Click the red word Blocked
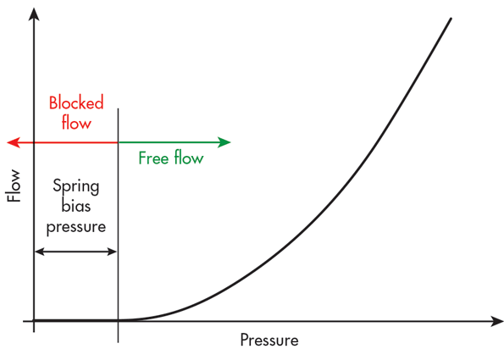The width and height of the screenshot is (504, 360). (x=76, y=102)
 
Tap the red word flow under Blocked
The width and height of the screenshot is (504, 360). (x=76, y=122)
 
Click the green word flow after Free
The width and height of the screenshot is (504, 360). (x=189, y=158)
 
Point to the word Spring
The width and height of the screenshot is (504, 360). (x=76, y=186)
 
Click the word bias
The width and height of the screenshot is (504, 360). (x=76, y=205)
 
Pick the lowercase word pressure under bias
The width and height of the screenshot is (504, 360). (x=76, y=227)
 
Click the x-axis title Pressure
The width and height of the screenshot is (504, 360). (x=269, y=340)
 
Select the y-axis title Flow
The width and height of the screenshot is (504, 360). (x=14, y=186)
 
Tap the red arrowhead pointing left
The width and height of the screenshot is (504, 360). (x=14, y=142)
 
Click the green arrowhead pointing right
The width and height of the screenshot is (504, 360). (x=224, y=142)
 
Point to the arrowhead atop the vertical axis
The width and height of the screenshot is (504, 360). (x=34, y=14)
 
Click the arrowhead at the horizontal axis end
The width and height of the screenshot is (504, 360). (x=496, y=321)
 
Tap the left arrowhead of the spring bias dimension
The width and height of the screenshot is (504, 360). (x=39, y=252)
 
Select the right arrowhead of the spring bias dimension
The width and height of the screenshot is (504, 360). (x=112, y=252)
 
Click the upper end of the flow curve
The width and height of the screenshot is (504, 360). (x=451, y=19)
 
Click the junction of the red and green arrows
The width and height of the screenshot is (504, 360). (x=118, y=142)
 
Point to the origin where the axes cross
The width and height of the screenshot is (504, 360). (x=34, y=321)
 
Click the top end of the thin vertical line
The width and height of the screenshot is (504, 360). (x=118, y=108)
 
